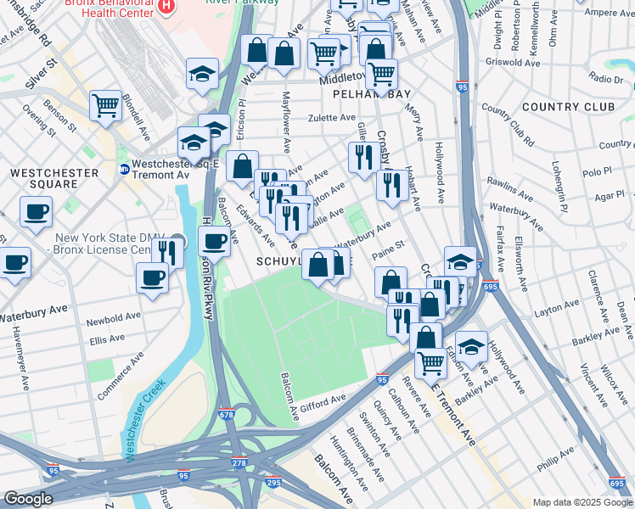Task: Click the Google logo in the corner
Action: (x=28, y=499)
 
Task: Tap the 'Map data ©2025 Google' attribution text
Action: (x=582, y=502)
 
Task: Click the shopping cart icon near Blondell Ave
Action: (x=105, y=106)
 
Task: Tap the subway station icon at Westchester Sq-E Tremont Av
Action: (x=124, y=169)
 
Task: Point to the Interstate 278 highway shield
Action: (x=237, y=464)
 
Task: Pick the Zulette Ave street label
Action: (x=331, y=118)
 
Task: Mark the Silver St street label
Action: (x=41, y=69)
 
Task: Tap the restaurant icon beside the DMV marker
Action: (x=167, y=252)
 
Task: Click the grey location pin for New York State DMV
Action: (x=177, y=240)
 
